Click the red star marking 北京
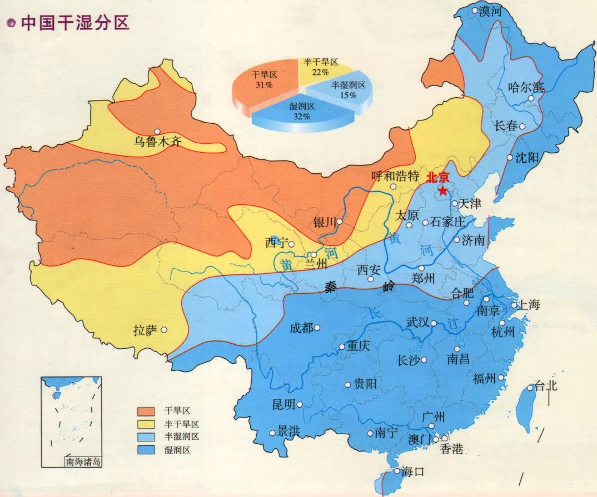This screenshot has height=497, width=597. [442, 191]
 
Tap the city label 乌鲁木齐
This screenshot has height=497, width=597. [157, 142]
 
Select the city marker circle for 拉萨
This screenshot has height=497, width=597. [164, 330]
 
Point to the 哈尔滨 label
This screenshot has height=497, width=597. [526, 87]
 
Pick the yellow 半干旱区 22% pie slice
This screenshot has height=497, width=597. [321, 67]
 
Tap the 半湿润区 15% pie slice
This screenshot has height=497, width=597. [347, 89]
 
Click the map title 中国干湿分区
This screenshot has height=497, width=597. [74, 23]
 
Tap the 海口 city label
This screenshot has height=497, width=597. [412, 472]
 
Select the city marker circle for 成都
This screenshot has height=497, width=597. [317, 328]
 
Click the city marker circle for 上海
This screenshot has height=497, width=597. [515, 304]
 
